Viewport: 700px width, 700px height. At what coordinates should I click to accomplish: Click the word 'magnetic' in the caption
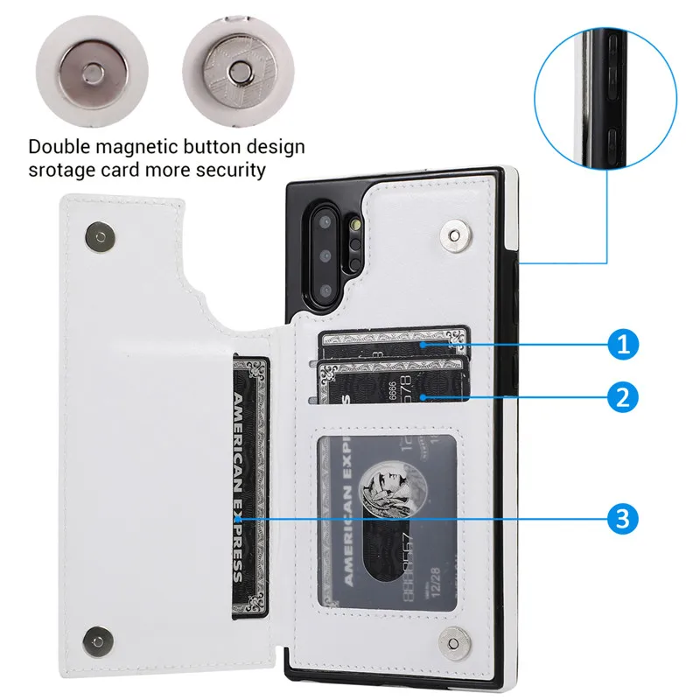[x=139, y=146]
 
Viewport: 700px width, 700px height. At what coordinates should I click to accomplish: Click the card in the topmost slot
[x=394, y=344]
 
